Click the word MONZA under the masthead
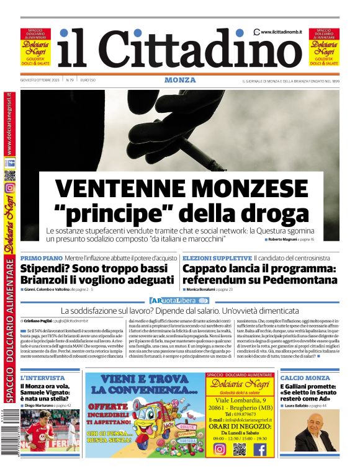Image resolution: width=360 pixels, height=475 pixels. [180, 80]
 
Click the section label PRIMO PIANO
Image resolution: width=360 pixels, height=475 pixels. [41, 257]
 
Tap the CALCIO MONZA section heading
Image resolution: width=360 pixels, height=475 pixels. [305, 378]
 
